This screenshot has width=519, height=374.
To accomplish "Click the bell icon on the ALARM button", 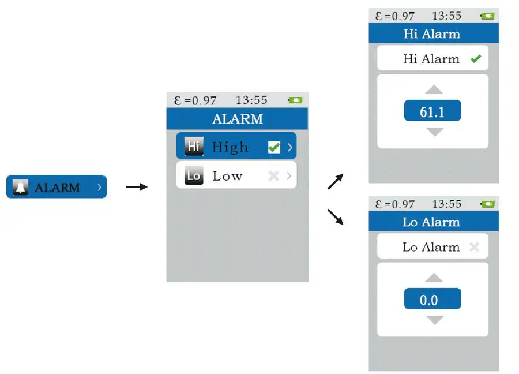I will (21, 188).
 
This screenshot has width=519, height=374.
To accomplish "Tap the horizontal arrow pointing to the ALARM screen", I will (137, 186).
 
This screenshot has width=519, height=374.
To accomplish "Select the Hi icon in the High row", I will (194, 147).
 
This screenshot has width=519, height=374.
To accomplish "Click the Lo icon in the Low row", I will (194, 176).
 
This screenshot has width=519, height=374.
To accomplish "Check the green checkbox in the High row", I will (274, 148).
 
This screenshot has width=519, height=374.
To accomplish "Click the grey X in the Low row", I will (273, 176).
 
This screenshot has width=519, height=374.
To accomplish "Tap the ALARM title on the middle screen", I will (237, 119).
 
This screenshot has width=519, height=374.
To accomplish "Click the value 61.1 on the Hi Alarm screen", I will (432, 111).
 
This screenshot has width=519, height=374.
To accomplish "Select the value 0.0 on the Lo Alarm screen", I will (432, 300).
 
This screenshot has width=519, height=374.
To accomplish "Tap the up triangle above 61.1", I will (434, 89).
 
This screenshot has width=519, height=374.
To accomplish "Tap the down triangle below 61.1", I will (434, 132).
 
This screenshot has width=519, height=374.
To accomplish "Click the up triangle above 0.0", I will (434, 278).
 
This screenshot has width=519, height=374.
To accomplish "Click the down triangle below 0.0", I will (434, 320).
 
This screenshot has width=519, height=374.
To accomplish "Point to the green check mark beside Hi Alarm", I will (476, 59).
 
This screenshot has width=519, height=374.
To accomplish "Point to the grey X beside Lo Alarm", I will (474, 247).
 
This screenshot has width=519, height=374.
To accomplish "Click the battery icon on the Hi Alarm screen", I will (488, 16).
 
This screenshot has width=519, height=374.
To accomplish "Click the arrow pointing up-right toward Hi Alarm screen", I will (335, 181).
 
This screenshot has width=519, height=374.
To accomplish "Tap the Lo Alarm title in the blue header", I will (431, 222).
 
